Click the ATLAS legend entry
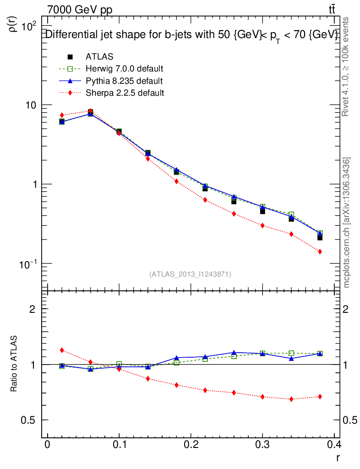(x=99, y=57)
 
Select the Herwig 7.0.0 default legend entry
(x=124, y=69)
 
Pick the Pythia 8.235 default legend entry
(x=124, y=81)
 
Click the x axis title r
(x=338, y=457)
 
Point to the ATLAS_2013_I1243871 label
(x=190, y=274)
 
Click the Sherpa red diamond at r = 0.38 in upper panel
(x=320, y=251)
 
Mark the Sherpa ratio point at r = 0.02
(x=62, y=350)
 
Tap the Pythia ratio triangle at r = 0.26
(x=234, y=353)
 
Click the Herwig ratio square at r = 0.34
(x=291, y=354)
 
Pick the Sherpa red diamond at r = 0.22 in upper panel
(x=205, y=200)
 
